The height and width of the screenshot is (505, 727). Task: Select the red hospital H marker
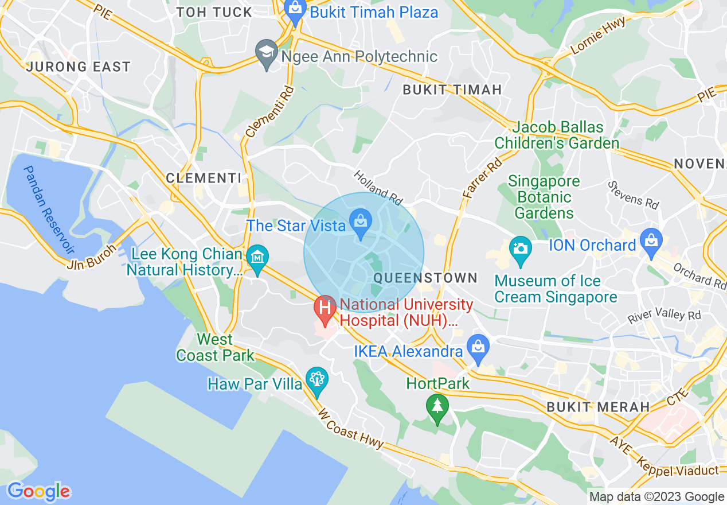click(x=325, y=308)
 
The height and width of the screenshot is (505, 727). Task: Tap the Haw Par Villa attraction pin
click(x=316, y=380)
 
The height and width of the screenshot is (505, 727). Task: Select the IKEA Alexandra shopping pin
click(x=477, y=348)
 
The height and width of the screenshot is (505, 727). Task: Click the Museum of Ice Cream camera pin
click(x=520, y=250)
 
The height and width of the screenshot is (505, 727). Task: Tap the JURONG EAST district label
click(x=79, y=67)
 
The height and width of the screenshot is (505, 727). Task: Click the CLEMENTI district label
click(x=204, y=178)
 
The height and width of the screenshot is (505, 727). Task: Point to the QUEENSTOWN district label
click(x=425, y=278)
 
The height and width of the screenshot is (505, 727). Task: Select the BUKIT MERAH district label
click(x=598, y=407)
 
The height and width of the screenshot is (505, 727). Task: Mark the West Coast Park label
click(x=215, y=348)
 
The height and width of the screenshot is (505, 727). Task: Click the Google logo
click(x=39, y=491)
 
